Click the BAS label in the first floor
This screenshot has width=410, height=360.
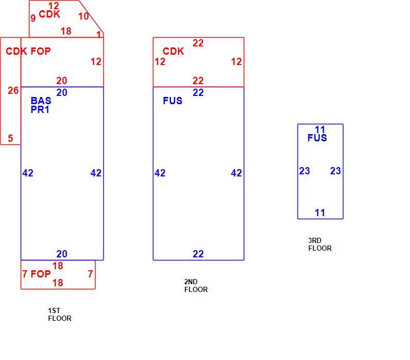coord(41,101)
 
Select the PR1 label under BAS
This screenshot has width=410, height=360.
coord(40,110)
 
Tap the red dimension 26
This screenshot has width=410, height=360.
coord(13,90)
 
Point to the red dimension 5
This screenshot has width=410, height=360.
coord(10,138)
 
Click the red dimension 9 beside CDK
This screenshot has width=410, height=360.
coord(33,18)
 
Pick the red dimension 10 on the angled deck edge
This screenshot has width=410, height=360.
coord(84,16)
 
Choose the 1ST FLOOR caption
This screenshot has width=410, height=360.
coord(59,314)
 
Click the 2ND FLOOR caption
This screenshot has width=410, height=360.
coord(196,286)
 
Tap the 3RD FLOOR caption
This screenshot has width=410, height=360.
coord(320,244)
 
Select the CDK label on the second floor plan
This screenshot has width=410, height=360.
coord(174,51)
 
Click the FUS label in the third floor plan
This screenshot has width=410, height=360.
coord(317,138)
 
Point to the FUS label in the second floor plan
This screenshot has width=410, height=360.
coord(172,101)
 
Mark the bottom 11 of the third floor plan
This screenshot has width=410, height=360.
coord(320,212)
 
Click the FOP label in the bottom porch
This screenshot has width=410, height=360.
coord(40,274)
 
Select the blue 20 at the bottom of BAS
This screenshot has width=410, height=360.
coord(62,254)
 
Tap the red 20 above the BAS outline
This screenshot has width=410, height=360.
coord(62,80)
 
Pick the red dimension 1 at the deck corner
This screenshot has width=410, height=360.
coord(99,35)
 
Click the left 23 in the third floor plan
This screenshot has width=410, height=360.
coord(305,171)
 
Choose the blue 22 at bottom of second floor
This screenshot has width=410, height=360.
coord(198,254)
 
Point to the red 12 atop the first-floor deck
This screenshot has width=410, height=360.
coord(54,6)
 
